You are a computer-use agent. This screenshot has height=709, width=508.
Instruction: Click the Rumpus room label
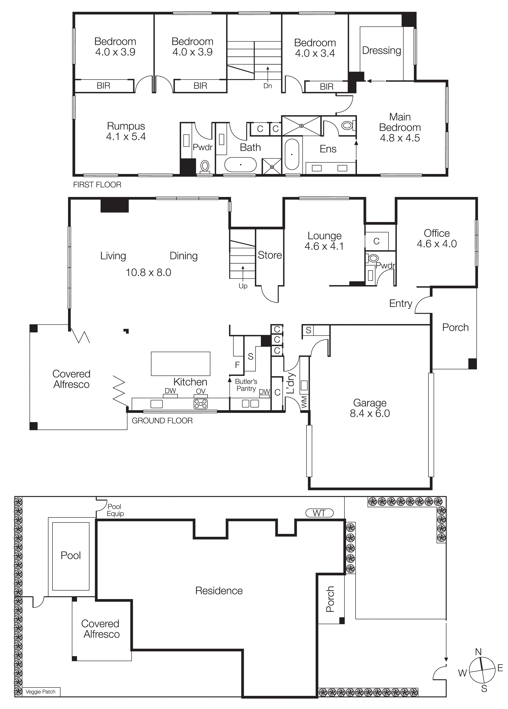[x=126, y=126]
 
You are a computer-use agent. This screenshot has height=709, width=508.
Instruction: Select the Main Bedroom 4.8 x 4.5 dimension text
[x=400, y=138]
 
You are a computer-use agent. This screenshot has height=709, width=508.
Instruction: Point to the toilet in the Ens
[x=347, y=125]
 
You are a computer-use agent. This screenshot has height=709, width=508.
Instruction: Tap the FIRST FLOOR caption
[x=97, y=185]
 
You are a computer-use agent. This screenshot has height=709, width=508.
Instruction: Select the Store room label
[x=269, y=255]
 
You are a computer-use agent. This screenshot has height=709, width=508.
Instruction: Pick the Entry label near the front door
[x=400, y=303]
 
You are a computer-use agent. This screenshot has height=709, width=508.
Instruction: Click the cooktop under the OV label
[x=200, y=404]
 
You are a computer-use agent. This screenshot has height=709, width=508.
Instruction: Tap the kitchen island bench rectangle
[x=180, y=364]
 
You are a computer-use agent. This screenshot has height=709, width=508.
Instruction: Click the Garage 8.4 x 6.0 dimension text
[x=370, y=413]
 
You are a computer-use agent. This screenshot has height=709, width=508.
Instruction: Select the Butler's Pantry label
[x=246, y=385]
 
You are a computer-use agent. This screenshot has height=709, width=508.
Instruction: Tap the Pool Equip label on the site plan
[x=115, y=510]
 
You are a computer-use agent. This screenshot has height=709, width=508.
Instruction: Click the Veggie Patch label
[x=40, y=692]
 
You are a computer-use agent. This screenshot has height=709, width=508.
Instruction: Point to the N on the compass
[x=478, y=652]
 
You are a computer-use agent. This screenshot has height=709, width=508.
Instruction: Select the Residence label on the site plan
[x=219, y=590]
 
